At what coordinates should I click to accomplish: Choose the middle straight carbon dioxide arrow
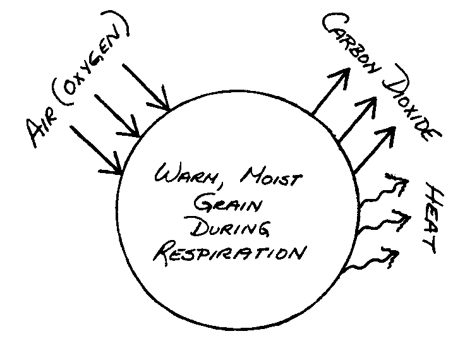358,120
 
